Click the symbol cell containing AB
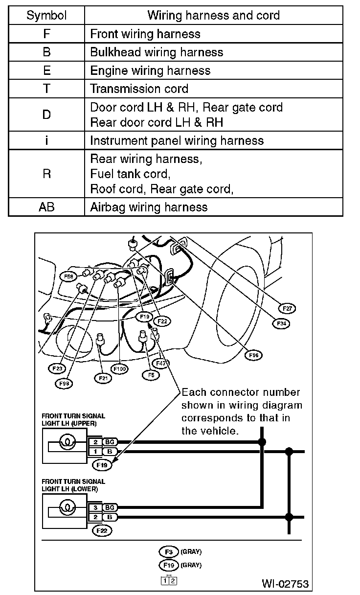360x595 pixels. click(x=47, y=207)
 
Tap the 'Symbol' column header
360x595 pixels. click(x=47, y=15)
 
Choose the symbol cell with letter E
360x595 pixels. click(x=47, y=70)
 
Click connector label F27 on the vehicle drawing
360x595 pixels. click(x=288, y=308)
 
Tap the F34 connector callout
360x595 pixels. click(x=281, y=323)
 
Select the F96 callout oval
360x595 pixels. click(x=253, y=355)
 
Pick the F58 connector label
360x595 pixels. click(x=69, y=276)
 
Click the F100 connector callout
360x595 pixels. click(x=119, y=368)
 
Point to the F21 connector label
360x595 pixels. click(x=103, y=378)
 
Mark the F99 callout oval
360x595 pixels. click(x=63, y=384)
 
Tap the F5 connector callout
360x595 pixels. click(x=151, y=375)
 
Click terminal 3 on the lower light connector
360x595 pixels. click(x=96, y=507)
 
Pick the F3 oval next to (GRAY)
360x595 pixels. click(x=169, y=551)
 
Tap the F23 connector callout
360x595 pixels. click(x=56, y=368)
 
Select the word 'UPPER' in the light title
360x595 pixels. click(x=86, y=423)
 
